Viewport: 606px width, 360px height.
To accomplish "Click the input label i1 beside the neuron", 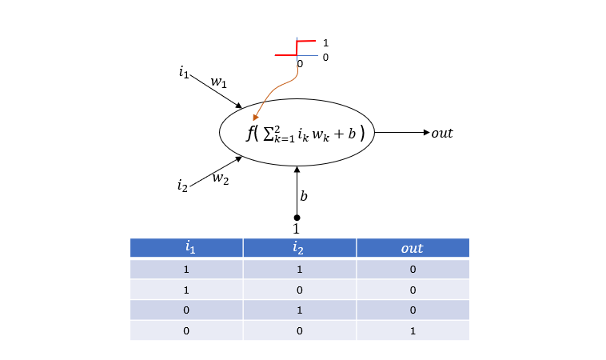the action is click(184, 72).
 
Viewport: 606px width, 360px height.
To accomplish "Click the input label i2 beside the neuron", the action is click(182, 186).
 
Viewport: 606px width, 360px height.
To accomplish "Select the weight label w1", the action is click(219, 82).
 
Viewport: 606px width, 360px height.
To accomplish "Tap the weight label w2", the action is click(221, 178).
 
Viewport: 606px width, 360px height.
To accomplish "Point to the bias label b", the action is click(304, 196).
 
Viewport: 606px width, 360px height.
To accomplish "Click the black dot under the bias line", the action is click(297, 218).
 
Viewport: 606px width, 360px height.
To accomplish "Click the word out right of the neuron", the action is click(442, 133).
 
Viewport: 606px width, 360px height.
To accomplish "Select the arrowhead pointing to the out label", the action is click(427, 133).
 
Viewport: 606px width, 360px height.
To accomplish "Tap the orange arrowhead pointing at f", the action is click(255, 117).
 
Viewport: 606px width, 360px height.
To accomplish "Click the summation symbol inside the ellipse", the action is click(268, 134).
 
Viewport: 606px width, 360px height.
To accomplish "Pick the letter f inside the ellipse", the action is click(250, 134).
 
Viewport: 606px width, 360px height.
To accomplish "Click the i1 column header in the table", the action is click(190, 247).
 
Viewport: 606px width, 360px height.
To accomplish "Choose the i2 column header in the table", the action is click(297, 247).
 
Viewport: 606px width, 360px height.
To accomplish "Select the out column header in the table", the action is click(412, 248).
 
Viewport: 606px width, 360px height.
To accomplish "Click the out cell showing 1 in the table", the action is click(413, 330).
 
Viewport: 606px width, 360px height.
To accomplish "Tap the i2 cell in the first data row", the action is click(300, 269).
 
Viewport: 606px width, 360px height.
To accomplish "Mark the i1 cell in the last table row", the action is click(186, 330).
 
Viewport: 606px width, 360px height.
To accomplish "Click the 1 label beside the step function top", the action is click(325, 42).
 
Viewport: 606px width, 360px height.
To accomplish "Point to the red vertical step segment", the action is click(297, 48).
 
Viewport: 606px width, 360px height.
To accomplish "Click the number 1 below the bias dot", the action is click(296, 229).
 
